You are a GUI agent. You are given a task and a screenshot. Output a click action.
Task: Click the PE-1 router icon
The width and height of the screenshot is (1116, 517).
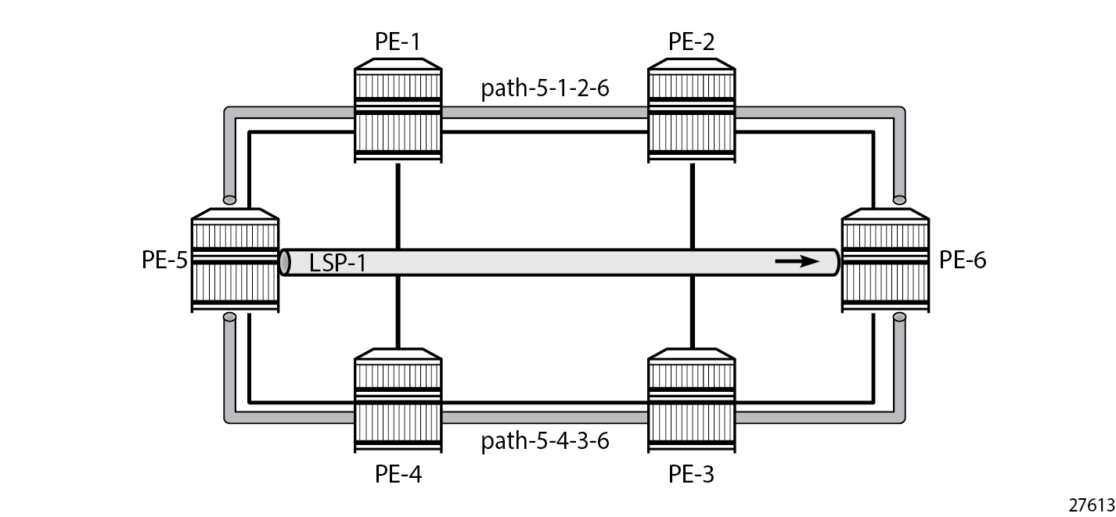[x=398, y=110]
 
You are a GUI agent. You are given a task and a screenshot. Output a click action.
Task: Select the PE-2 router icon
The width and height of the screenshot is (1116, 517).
[x=692, y=110]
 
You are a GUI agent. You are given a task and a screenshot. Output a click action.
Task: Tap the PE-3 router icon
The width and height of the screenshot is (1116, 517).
[x=692, y=400]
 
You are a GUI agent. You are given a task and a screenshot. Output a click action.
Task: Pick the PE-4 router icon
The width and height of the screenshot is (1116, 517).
[x=398, y=400]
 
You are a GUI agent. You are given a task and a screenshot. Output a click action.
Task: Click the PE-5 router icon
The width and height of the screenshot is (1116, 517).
[x=235, y=260]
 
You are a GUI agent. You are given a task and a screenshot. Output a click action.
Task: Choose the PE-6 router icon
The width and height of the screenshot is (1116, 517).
[x=885, y=260]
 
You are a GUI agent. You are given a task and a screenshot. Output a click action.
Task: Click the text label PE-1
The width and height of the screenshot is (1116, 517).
[x=398, y=41]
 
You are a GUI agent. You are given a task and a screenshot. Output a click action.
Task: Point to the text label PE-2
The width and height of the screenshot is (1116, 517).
[x=691, y=41]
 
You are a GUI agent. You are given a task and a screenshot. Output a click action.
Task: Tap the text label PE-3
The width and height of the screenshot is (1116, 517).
[x=691, y=474]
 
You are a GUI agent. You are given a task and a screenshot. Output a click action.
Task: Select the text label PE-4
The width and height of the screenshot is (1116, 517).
[x=398, y=474]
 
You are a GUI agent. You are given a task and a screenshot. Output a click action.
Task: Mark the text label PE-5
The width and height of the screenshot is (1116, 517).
[x=164, y=260]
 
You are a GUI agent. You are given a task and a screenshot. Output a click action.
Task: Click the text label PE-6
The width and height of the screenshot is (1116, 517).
[x=963, y=260]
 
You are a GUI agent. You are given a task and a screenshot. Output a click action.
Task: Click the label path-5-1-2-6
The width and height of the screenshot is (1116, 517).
[x=545, y=88]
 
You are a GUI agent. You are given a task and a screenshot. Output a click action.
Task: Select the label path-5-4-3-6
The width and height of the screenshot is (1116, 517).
[x=545, y=441]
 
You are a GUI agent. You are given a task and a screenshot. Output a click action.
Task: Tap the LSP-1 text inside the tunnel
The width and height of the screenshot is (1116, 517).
[x=338, y=263]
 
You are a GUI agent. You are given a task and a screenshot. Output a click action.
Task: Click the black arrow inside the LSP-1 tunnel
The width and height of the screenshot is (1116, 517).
[x=797, y=261]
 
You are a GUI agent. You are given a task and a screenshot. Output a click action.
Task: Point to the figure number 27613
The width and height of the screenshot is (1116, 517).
[x=1091, y=505]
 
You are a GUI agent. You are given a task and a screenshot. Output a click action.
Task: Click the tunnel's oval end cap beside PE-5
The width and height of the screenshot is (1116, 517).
[x=285, y=263]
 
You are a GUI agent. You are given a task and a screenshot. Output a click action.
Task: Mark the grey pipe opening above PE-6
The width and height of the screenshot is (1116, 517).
[x=899, y=199]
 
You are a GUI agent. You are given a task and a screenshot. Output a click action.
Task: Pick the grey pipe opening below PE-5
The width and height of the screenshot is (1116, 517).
[x=229, y=317]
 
